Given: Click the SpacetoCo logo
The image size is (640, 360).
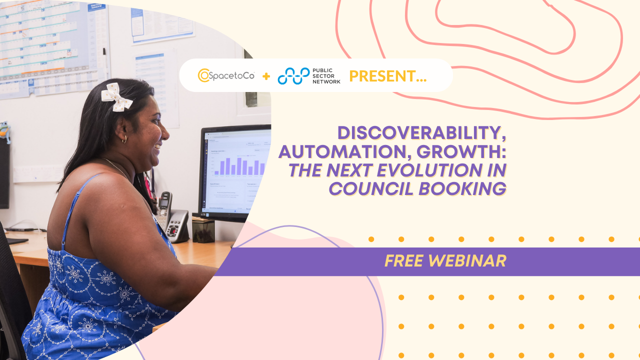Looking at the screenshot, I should click(x=226, y=75).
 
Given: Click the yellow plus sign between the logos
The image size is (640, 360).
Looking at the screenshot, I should click(x=266, y=76).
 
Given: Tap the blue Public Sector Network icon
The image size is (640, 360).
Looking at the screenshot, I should click(x=293, y=75).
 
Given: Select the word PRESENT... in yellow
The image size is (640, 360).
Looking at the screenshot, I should click(x=387, y=76).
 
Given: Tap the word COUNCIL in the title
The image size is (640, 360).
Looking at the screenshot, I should click(x=370, y=188).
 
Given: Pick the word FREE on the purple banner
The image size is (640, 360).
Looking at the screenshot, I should click(x=405, y=260).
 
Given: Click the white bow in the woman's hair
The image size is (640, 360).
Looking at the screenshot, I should click(x=116, y=96).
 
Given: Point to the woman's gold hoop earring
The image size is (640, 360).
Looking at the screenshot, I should click(x=124, y=139).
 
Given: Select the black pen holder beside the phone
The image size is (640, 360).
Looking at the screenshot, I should click(x=203, y=230).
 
